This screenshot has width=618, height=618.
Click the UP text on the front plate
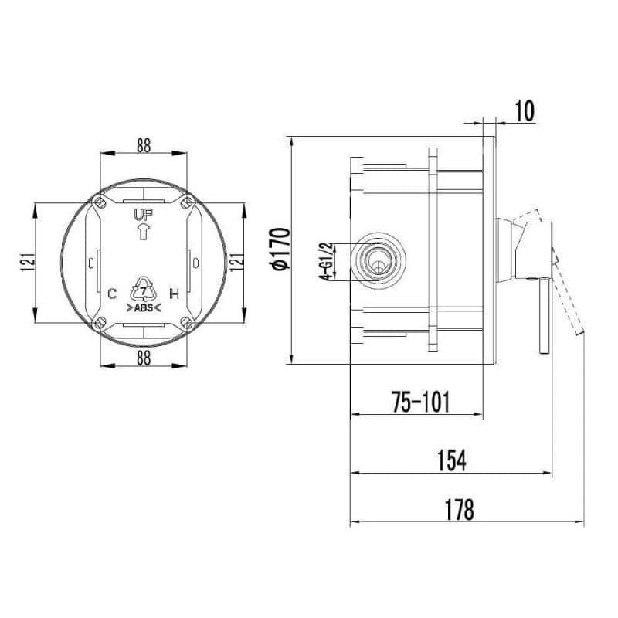144,216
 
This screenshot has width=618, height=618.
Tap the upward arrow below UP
144,232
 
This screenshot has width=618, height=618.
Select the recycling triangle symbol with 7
144,290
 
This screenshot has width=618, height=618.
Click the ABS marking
144,307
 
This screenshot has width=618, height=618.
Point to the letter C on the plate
112,294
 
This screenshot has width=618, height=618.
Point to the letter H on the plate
175,294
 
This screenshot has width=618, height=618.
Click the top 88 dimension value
144,145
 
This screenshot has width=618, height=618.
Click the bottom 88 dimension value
144,358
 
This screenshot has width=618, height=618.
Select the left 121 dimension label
28,262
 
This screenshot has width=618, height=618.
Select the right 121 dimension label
237,262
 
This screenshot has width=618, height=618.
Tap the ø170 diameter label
281,249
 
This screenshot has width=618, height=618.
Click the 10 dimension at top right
525,110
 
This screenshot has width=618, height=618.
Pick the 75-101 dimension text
420,402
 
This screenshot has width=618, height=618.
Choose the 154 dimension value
452,460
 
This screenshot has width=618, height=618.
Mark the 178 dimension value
459,510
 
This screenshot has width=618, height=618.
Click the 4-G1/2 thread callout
327,261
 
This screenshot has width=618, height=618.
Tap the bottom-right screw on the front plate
187,323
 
